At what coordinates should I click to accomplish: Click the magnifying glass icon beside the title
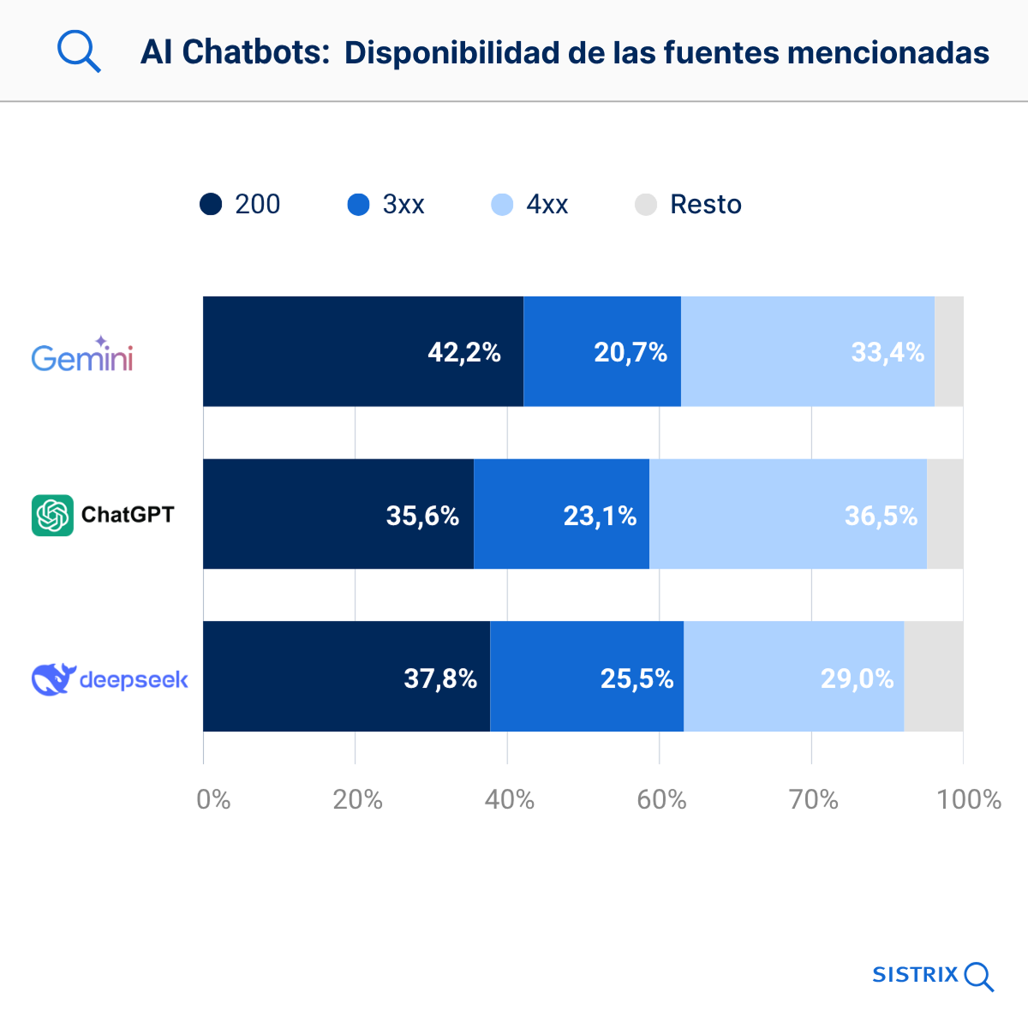coord(79,51)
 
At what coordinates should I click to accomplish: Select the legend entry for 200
coord(240,205)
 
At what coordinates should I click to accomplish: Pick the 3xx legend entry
coord(385,205)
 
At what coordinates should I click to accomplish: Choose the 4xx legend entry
coord(529,205)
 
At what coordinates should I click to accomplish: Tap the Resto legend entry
coord(688,205)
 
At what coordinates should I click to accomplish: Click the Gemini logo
coord(82,354)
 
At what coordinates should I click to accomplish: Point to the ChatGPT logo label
coord(103,515)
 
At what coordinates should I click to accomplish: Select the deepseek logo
coord(110,679)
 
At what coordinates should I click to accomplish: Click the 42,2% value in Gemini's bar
coord(464,352)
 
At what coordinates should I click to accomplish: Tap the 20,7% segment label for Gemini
coord(631,352)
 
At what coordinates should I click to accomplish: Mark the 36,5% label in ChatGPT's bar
coord(881,516)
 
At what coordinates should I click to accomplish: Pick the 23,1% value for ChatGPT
coord(600,516)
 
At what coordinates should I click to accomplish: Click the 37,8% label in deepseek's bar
coord(440,678)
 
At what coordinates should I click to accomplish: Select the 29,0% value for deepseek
coord(857,678)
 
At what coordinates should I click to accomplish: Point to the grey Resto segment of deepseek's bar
coord(934,676)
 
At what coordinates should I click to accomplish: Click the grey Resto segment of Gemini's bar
coord(949,351)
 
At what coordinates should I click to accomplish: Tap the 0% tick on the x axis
coord(213,799)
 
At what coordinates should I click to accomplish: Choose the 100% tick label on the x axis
coord(968,799)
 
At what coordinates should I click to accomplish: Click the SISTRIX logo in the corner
coord(932,975)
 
